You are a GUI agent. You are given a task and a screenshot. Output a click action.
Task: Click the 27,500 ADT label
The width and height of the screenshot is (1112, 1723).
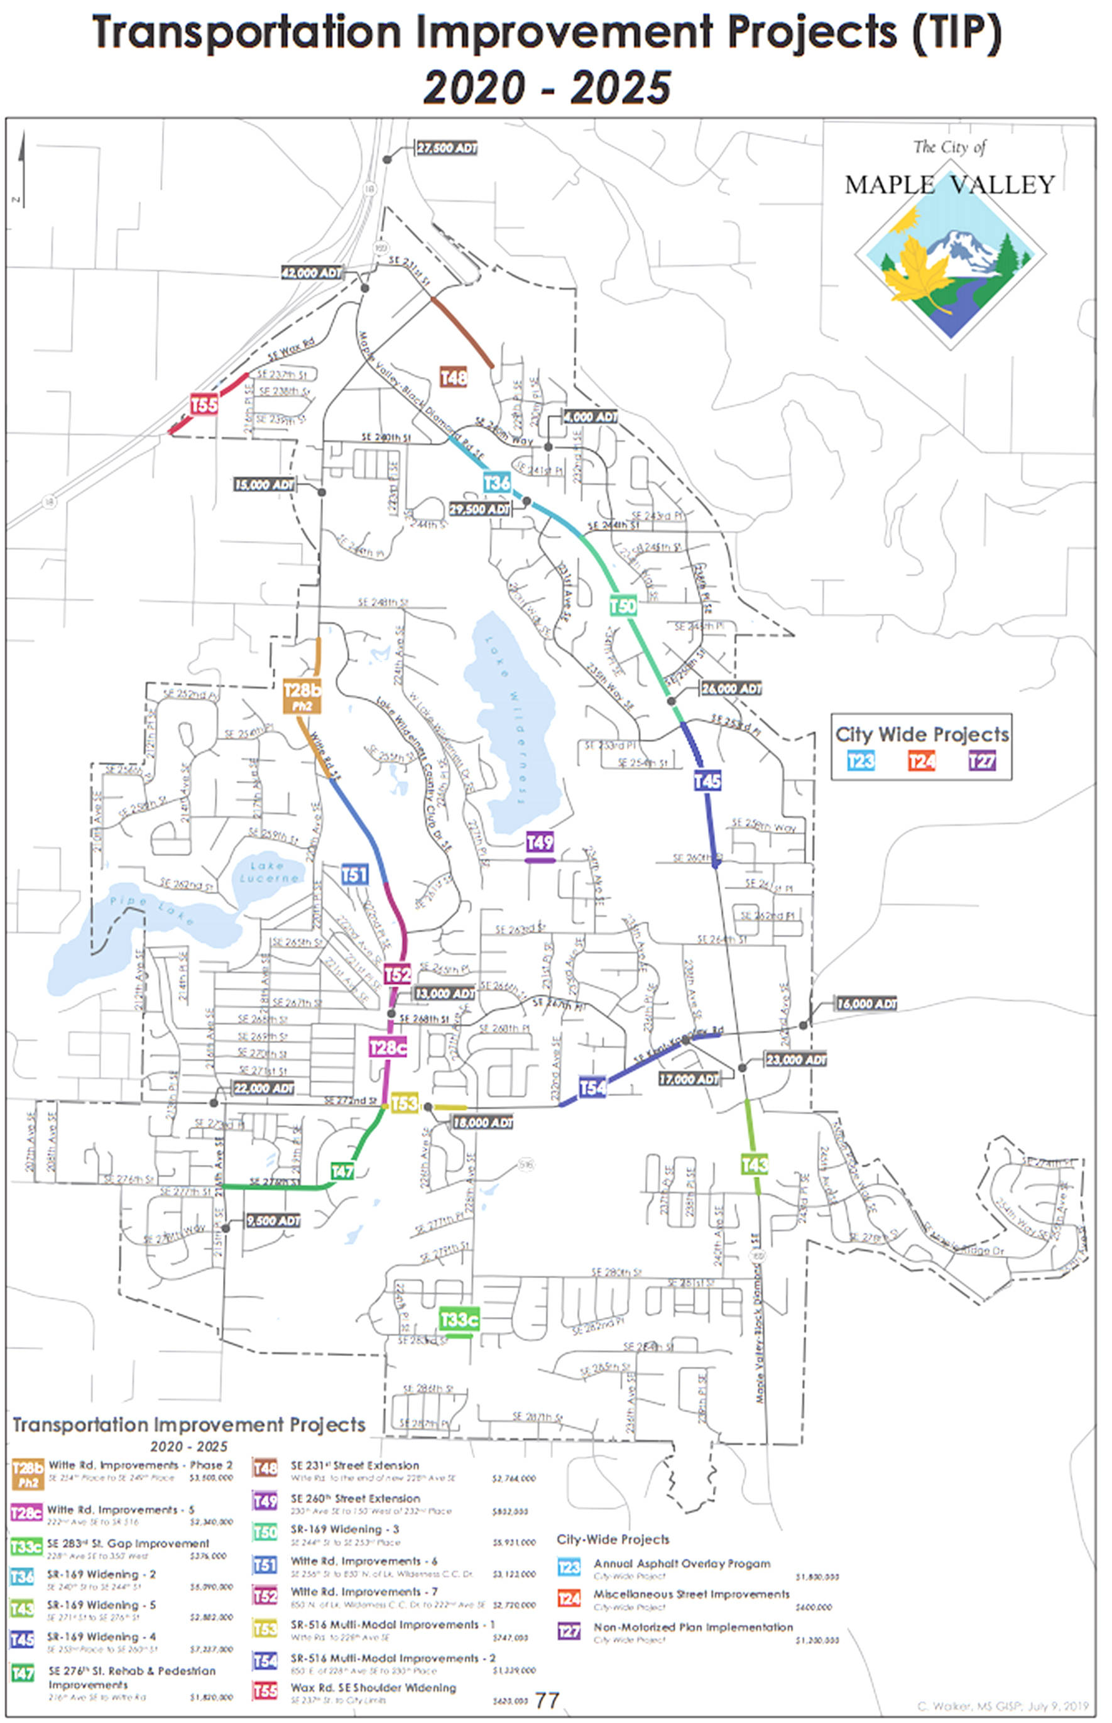coord(447,148)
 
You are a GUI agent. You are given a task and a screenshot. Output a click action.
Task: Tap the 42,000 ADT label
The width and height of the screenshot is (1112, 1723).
coord(312,273)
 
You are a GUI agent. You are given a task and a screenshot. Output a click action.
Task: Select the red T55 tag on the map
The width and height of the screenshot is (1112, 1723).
coord(204,405)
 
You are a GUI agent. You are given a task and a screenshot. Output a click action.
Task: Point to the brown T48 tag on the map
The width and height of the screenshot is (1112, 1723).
coord(454,377)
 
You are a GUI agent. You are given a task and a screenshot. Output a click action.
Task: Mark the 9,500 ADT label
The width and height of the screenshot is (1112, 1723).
coord(273,1220)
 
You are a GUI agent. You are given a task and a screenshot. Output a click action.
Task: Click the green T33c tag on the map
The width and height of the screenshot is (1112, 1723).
coord(459,1320)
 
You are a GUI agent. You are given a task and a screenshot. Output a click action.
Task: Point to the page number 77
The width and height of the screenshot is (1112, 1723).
coord(547,1700)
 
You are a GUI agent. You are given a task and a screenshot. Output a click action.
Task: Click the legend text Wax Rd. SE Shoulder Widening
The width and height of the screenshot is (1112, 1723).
coord(373,1688)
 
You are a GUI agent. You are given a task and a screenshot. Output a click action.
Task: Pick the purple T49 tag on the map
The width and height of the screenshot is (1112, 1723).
coord(540,842)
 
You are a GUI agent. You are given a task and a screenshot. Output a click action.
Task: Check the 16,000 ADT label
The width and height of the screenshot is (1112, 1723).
coord(866,1004)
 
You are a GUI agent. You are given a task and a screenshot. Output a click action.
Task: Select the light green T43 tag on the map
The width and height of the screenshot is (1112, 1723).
coord(755,1164)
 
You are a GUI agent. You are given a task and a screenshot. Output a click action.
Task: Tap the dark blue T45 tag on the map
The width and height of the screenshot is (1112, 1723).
coord(707,780)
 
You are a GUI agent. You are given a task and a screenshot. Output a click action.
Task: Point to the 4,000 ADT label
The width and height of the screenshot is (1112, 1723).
coord(590,417)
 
